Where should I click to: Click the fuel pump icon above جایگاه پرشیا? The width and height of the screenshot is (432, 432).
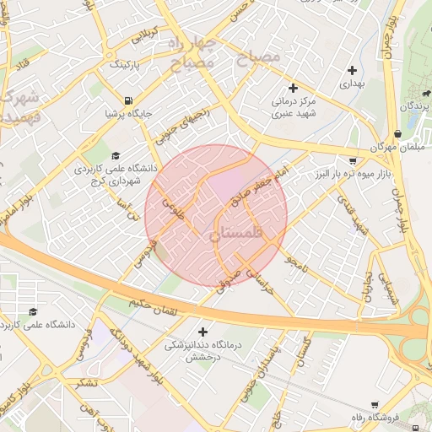pyautogui.click(x=128, y=98)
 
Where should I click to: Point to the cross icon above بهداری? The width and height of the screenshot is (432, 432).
pyautogui.click(x=353, y=70)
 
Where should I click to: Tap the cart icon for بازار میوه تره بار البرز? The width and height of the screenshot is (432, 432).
pyautogui.click(x=352, y=160)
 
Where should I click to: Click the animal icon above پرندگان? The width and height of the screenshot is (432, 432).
pyautogui.click(x=418, y=92)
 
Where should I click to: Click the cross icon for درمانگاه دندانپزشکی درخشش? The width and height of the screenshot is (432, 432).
pyautogui.click(x=202, y=331)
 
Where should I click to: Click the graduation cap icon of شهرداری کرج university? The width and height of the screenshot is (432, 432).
pyautogui.click(x=115, y=155)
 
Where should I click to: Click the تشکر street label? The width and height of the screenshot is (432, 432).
pyautogui.click(x=86, y=381)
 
